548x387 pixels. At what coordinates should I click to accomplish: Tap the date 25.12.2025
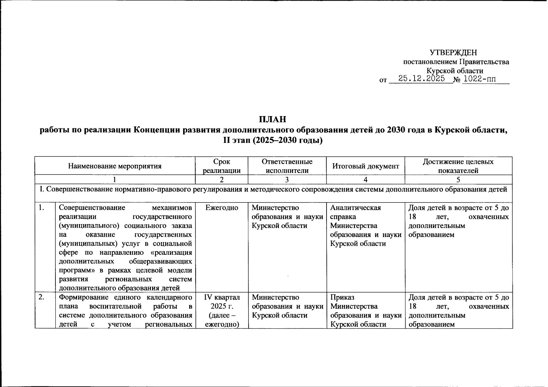pos(422,79)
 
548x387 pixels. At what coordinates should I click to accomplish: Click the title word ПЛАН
pos(273,120)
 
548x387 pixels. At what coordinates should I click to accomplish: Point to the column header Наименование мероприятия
pos(115,166)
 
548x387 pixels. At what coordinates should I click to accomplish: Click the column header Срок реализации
pos(222,166)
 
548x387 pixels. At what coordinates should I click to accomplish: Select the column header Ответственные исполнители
pos(287,166)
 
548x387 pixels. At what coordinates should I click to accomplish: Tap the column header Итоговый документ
pos(366,166)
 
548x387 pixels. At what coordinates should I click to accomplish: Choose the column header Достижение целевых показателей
pos(458,166)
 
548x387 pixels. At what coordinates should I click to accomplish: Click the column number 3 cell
pos(287,180)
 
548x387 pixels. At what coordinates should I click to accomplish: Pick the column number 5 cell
pos(458,180)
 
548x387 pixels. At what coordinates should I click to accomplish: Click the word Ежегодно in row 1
pos(222,208)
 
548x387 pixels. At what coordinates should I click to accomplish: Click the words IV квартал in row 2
pos(222,297)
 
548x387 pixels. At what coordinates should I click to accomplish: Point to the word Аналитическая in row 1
pos(356,208)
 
